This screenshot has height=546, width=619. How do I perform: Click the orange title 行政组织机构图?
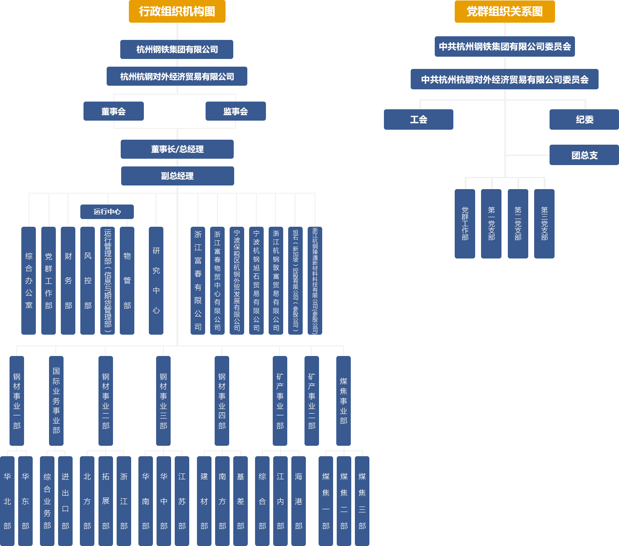point(177,12)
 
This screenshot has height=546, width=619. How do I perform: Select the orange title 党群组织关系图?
point(504,12)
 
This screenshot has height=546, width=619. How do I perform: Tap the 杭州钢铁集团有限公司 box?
point(177,49)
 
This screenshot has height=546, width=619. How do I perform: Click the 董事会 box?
point(113,112)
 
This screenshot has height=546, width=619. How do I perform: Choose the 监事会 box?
point(236,112)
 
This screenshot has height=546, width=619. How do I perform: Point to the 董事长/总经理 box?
point(177,149)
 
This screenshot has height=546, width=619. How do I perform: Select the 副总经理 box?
point(178,176)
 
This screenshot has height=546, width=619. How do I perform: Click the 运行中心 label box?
point(107,212)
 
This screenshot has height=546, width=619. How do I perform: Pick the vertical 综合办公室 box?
point(29,280)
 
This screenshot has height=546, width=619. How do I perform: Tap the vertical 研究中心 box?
point(156,280)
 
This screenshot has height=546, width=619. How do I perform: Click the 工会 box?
point(418,120)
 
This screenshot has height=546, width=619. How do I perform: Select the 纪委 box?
point(584,120)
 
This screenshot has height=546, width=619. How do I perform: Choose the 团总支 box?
point(584,156)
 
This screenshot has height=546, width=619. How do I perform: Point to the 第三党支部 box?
point(544,224)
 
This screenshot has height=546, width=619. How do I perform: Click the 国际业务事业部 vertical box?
point(56,401)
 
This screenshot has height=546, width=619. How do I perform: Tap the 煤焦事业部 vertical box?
point(344,401)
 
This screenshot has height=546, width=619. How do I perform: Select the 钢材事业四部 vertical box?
point(222,401)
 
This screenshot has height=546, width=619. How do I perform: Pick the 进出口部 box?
point(65,501)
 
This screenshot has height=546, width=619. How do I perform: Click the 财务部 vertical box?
point(68,280)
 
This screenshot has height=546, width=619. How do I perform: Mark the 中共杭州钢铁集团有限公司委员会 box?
point(505,47)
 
